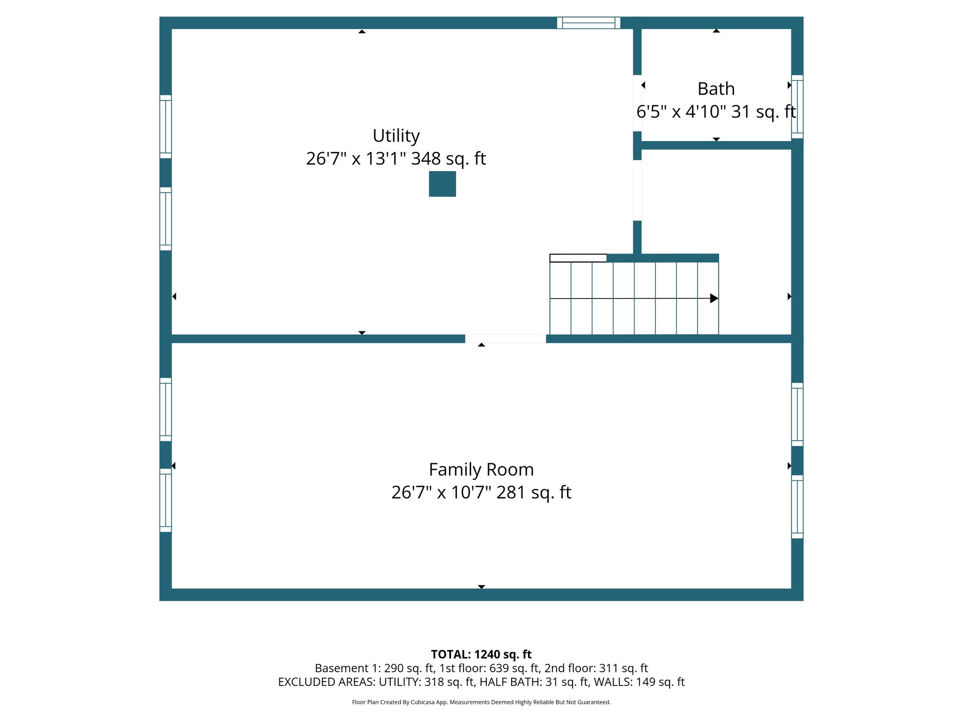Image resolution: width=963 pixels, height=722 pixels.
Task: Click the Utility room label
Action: pos(396,136)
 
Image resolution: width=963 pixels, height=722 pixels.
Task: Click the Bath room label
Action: pos(716,89)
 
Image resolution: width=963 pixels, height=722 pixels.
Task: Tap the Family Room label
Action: pos(481,470)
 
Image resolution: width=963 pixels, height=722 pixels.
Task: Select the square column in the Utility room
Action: pos(442,184)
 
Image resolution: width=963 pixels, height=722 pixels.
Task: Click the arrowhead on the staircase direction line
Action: pos(714,298)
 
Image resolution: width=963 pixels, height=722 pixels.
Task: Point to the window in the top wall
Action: pos(588,23)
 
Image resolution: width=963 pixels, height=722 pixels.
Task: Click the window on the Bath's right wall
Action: pos(797,107)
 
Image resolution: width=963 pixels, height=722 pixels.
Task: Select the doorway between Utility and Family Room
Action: pos(505,339)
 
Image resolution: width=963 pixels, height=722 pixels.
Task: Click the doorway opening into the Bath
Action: pos(637,103)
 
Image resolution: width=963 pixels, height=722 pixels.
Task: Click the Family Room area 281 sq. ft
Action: pos(534,493)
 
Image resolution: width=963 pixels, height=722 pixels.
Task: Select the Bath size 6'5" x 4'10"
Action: pos(681,112)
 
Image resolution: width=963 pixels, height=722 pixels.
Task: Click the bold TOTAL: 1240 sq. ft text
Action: pos(481,654)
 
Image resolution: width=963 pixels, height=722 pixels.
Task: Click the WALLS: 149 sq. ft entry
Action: pos(639,682)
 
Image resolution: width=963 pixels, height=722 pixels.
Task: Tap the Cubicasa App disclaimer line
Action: pos(481,702)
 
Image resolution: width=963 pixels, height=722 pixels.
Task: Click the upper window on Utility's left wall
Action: pos(166,126)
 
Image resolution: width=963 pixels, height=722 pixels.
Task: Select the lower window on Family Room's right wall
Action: pos(797,506)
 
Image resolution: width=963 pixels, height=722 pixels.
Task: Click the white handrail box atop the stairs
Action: pos(578,258)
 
